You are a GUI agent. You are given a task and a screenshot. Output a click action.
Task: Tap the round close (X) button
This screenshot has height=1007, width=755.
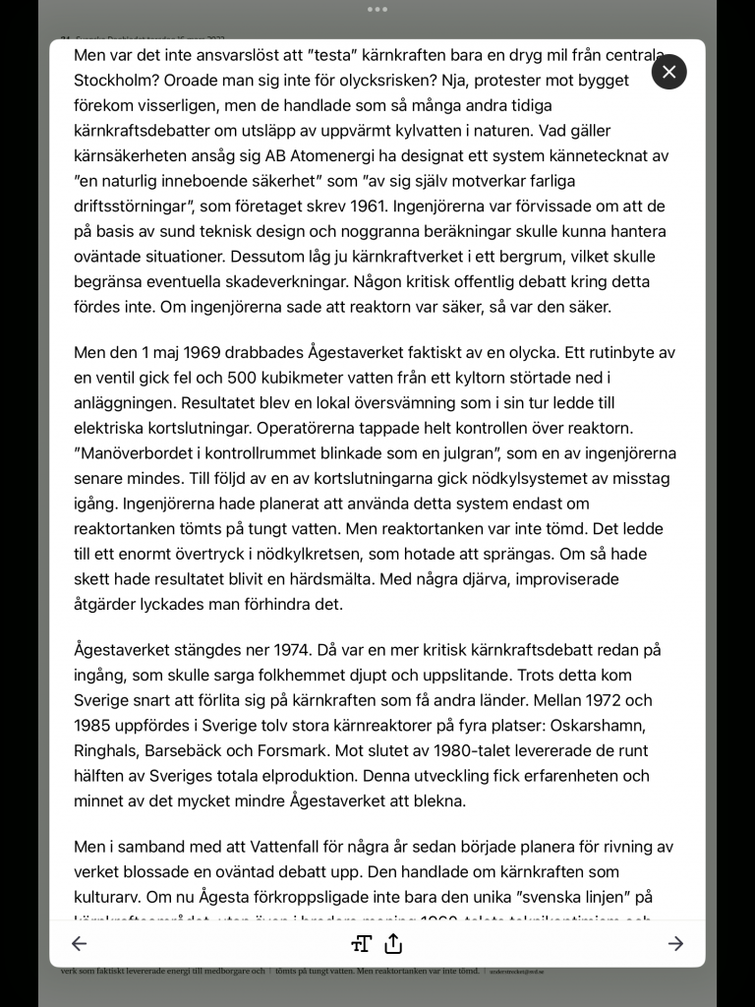tap(669, 72)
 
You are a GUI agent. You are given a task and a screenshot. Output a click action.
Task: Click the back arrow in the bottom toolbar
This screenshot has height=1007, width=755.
tap(80, 943)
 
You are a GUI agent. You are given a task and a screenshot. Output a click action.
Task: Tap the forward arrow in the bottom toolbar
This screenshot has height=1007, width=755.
tap(675, 943)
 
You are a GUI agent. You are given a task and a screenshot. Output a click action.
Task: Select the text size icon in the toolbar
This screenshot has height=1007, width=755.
tap(361, 943)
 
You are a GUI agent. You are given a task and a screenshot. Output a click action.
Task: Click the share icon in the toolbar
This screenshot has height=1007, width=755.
tap(393, 943)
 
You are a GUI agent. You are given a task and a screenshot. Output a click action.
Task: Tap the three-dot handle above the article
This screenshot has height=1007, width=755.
tap(377, 9)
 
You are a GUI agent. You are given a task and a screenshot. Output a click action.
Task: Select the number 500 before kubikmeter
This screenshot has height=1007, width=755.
tap(245, 377)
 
